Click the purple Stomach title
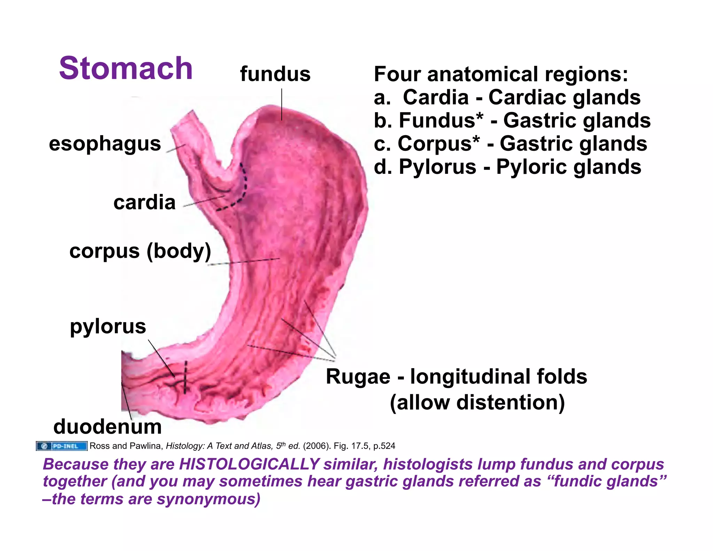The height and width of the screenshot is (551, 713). coord(126,68)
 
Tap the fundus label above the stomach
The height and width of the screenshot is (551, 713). coord(275,74)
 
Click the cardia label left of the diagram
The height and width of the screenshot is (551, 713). coord(144,202)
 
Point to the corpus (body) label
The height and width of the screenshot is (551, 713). coord(140,251)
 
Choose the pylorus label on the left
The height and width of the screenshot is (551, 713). coord(108,326)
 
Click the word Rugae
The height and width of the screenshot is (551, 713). coord(358,377)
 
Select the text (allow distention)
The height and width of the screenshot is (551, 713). coord(477,403)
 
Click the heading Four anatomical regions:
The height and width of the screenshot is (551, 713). coord(501,74)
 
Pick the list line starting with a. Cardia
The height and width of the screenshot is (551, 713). coord(507,97)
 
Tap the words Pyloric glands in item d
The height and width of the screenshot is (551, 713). coord(569,167)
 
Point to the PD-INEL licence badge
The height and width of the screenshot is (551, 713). coord(62,446)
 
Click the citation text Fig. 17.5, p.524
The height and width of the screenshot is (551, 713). coord(364,446)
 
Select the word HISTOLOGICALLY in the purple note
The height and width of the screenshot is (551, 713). coord(249,464)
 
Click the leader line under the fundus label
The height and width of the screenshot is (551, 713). coord(282,104)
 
